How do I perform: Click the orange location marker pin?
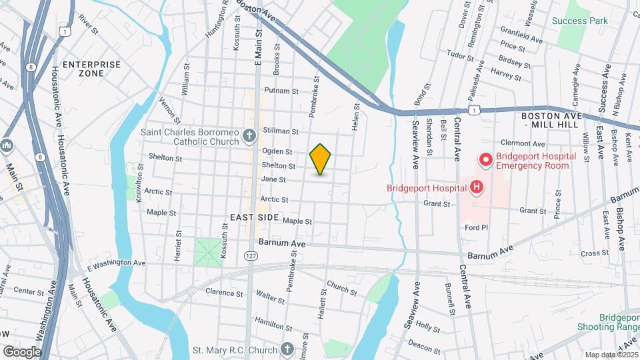[321, 159]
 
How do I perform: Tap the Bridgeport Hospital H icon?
[476, 187]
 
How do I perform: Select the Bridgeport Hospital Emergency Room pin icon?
[485, 160]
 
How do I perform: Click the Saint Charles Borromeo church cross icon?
[250, 137]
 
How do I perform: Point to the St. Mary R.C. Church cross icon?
[287, 349]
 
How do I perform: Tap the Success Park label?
[580, 21]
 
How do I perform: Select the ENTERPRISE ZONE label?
[92, 69]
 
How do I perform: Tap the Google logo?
[22, 351]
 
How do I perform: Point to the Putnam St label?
[281, 91]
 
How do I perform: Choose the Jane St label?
[273, 179]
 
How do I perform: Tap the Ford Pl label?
[477, 227]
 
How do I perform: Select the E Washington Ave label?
[116, 263]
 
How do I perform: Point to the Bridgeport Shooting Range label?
[618, 322]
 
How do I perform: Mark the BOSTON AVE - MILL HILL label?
[547, 120]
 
